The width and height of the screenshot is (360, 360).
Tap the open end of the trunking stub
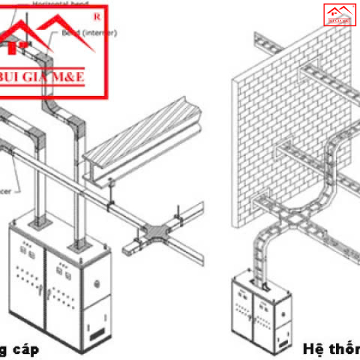[127, 251]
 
